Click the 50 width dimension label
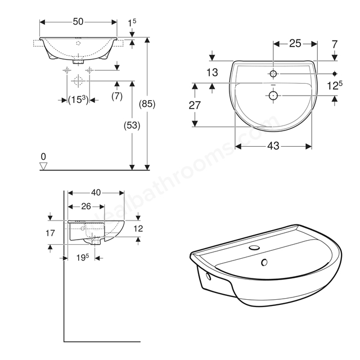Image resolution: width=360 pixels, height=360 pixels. click(78, 21)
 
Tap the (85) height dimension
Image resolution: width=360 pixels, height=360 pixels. click(147, 103)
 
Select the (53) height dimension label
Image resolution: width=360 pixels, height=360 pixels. click(132, 125)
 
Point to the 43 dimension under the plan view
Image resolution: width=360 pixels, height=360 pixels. click(273, 146)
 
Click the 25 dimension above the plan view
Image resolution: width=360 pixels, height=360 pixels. click(295, 43)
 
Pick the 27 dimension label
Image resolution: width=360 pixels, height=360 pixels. click(195, 105)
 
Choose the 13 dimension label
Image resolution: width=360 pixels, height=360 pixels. click(212, 73)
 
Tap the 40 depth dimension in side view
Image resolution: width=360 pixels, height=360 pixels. click(96, 192)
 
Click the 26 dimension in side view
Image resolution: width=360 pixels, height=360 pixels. click(86, 206)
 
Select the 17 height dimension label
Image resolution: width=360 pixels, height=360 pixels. click(50, 233)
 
